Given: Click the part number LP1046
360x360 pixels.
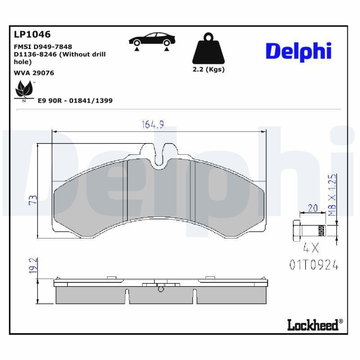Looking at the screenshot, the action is pyautogui.click(x=32, y=35).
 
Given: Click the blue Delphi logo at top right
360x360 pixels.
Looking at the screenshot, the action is pyautogui.click(x=298, y=52).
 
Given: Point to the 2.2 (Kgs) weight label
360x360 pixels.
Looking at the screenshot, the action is pyautogui.click(x=208, y=69).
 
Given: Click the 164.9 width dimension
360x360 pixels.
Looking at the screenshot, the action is pyautogui.click(x=153, y=125).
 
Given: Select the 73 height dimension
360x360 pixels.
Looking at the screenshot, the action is pyautogui.click(x=33, y=200).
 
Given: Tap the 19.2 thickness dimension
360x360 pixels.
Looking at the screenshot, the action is pyautogui.click(x=33, y=265).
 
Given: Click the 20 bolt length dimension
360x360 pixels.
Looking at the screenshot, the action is pyautogui.click(x=313, y=208).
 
